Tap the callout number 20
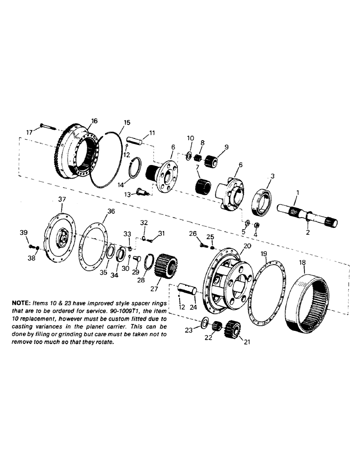pos(247,246)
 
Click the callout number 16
pos(94,121)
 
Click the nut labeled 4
pos(256,225)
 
